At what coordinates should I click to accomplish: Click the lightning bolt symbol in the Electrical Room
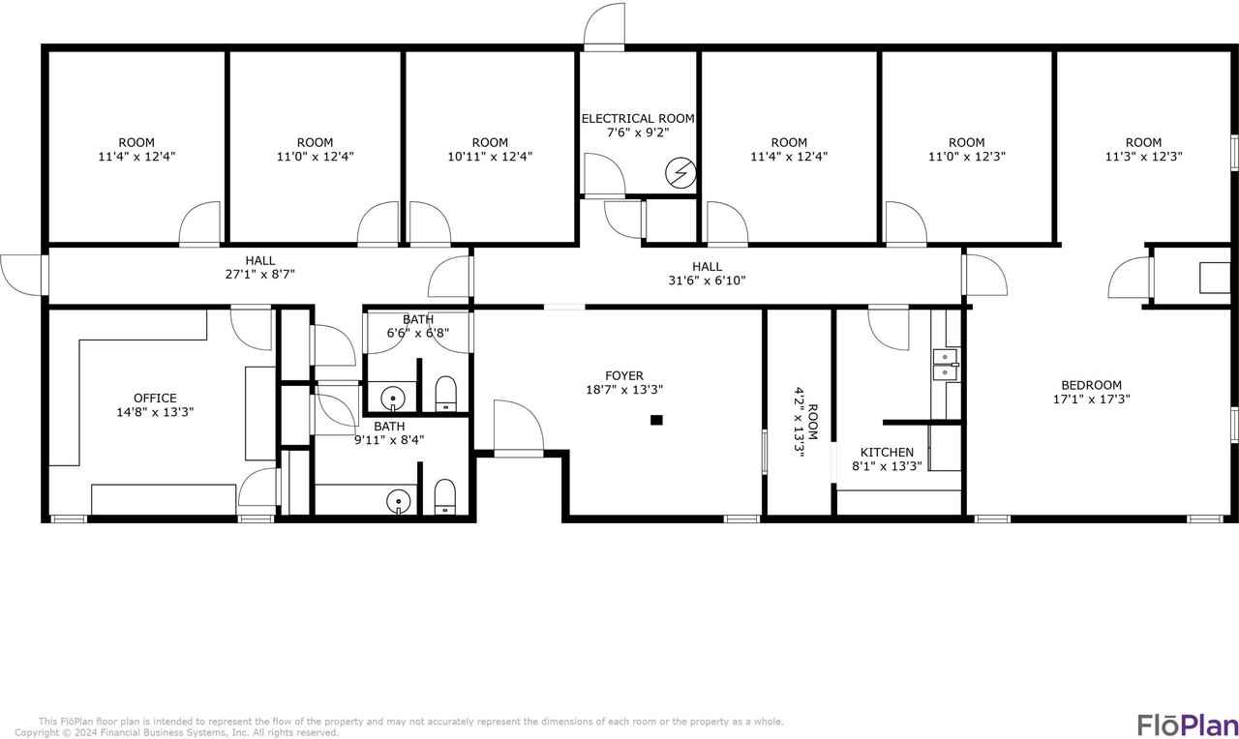tap(680, 172)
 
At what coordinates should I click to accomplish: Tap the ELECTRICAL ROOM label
tap(638, 118)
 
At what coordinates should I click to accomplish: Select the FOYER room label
tap(624, 376)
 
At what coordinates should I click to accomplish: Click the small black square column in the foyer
tap(656, 420)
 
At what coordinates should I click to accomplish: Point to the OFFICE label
tap(155, 398)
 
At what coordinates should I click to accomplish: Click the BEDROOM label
tap(1091, 384)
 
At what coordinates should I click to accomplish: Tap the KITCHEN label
tap(887, 452)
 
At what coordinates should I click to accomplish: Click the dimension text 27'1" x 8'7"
tap(259, 274)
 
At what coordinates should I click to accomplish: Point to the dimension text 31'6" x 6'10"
tap(707, 281)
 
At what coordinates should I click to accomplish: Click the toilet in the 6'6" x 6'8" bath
tap(446, 393)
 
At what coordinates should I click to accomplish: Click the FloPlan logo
tap(1186, 724)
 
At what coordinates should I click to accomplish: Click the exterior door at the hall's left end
tap(23, 272)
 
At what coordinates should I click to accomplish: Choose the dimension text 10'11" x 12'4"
tap(491, 156)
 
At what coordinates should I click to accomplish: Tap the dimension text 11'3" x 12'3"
tap(1143, 156)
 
